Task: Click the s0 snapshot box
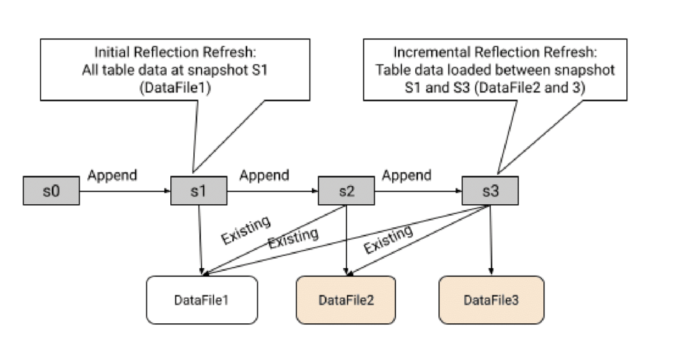point(51,191)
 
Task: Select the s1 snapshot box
point(199,191)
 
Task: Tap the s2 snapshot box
point(346,191)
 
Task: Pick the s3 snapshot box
point(490,191)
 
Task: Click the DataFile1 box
point(201,300)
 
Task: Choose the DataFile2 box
point(346,300)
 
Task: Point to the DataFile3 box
point(491,300)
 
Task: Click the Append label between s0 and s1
point(112,176)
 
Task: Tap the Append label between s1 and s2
point(264,176)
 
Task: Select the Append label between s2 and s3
point(406,176)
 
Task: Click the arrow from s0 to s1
point(125,191)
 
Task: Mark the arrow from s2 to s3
point(419,191)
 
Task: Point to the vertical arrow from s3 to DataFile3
point(491,240)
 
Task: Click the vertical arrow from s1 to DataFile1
point(201,240)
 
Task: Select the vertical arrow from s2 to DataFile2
point(346,240)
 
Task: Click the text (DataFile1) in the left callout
point(175,88)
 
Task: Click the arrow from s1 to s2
point(272,191)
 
